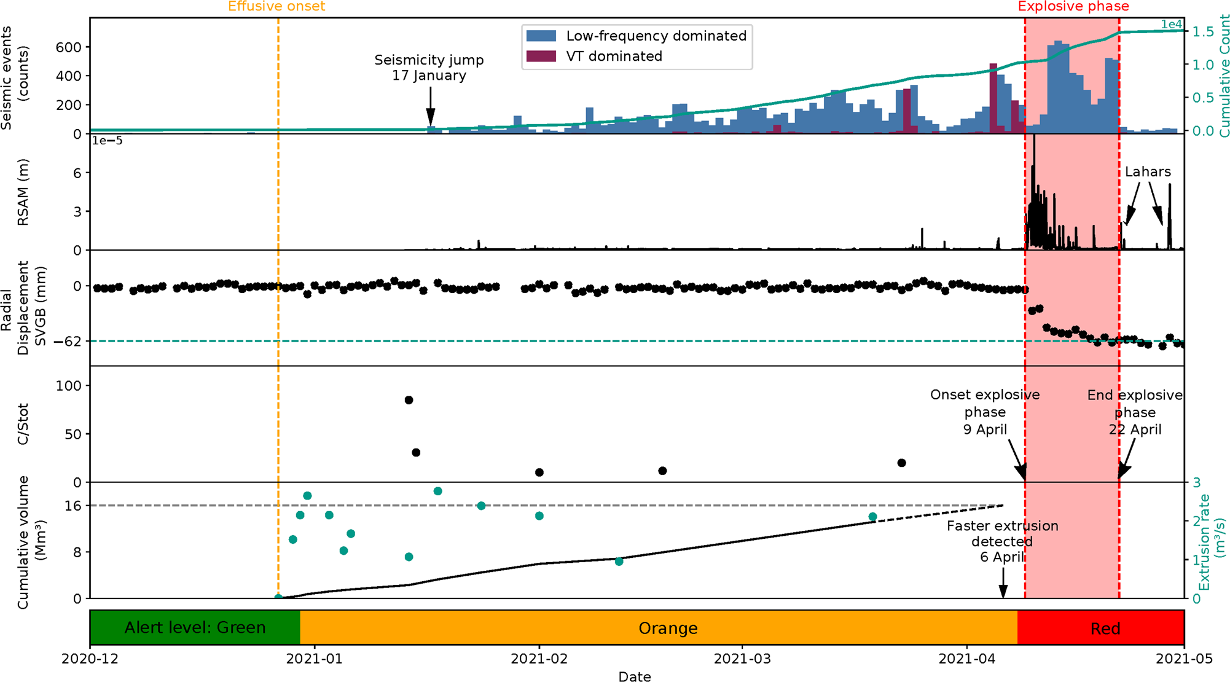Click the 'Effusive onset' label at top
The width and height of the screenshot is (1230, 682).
[x=276, y=7]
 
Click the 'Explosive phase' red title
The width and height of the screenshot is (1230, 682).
[x=1073, y=7]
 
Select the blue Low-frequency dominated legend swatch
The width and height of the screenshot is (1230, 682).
[x=541, y=36]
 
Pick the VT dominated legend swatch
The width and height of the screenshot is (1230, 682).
[x=541, y=57]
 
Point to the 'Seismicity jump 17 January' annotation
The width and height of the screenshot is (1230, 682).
[x=429, y=68]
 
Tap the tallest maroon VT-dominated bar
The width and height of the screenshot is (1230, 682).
[x=993, y=98]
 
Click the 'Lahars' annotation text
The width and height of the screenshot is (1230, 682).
[x=1148, y=172]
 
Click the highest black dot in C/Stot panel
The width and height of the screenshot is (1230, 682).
[x=409, y=400]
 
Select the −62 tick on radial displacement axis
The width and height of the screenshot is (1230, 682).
[x=67, y=341]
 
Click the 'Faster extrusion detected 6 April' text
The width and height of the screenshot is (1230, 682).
[x=1002, y=541]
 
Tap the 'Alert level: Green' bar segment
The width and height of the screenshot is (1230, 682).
[x=195, y=627]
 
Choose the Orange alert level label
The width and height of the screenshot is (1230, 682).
[x=668, y=628]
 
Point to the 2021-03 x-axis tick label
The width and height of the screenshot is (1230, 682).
[x=742, y=659]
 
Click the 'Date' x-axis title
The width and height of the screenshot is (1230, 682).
[x=634, y=676]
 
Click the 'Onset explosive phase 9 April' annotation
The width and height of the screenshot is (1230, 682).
[x=984, y=412]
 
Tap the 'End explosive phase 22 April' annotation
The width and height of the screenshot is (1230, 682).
[x=1134, y=412]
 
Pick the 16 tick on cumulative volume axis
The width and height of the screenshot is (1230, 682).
[x=72, y=506]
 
